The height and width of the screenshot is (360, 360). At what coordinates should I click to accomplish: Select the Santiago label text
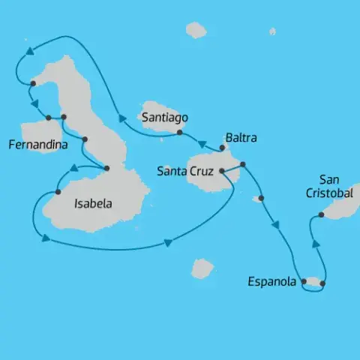coord(163,117)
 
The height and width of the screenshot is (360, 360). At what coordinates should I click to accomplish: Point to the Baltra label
coord(241,138)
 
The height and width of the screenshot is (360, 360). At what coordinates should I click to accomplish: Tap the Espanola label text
coord(271,282)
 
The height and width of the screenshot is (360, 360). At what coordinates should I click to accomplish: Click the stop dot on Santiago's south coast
coord(179,133)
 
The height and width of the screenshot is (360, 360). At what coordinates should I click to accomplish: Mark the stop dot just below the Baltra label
coord(223,148)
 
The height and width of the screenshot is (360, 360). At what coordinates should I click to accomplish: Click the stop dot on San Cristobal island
coord(321,215)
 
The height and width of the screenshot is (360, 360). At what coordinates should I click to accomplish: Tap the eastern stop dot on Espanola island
coord(322,283)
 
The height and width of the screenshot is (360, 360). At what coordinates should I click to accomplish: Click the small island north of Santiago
coord(196,30)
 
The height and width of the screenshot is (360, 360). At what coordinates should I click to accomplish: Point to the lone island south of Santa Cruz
coord(202,268)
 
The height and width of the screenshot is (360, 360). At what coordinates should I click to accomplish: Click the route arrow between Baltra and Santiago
coord(202,142)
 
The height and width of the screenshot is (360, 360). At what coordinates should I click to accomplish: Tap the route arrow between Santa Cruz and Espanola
coord(277,224)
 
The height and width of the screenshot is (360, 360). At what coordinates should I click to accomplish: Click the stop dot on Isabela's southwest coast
coord(57,193)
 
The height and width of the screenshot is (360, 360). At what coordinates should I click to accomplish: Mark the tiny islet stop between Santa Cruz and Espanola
coord(260,199)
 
